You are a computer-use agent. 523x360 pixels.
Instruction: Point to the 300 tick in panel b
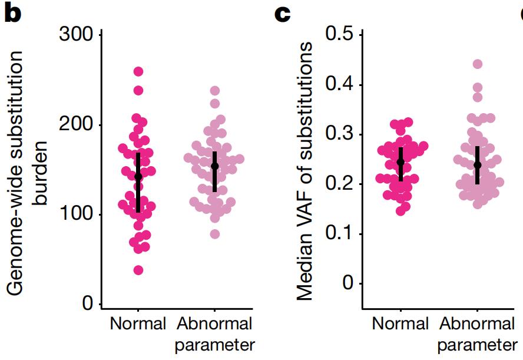(76, 35)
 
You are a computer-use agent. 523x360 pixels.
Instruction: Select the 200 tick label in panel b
(76, 125)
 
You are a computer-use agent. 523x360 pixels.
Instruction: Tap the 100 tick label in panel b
(76, 214)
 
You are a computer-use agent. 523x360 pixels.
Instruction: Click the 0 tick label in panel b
(88, 304)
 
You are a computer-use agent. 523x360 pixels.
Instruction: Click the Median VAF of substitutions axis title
(304, 171)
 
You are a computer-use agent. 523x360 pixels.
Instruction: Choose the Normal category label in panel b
(138, 323)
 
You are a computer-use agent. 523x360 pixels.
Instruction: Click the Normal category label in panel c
(400, 323)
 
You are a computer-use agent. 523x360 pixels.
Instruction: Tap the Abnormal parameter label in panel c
(476, 333)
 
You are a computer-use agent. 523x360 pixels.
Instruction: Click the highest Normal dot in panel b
(138, 71)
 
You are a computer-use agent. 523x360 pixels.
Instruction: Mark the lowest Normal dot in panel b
(138, 270)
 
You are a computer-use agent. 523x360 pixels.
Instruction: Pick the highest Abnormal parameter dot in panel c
(477, 64)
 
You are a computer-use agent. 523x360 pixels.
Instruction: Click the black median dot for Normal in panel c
(400, 161)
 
